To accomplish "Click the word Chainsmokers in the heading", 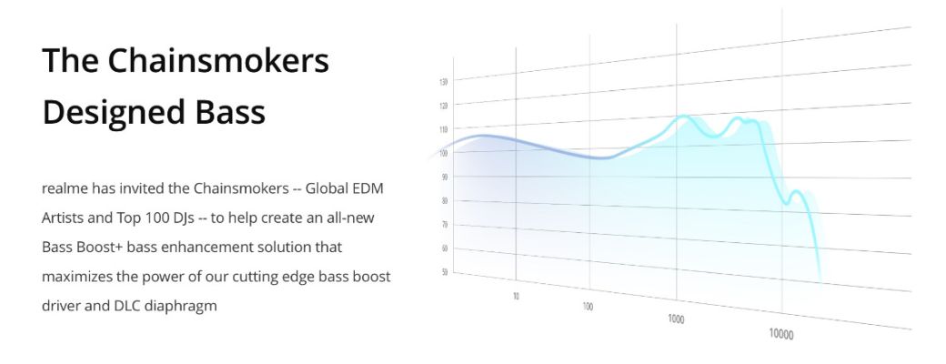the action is click(x=218, y=60).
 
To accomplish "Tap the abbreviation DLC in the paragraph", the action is click(x=126, y=306).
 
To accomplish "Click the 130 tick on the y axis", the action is click(x=444, y=82).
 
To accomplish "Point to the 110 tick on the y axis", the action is click(x=444, y=129).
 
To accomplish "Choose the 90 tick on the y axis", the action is click(x=445, y=177).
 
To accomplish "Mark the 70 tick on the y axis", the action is click(x=445, y=225).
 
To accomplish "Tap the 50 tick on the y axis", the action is click(x=445, y=272).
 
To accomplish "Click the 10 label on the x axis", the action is click(x=516, y=296).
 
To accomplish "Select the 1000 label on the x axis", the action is click(x=677, y=318).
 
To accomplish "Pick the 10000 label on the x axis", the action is click(x=780, y=333).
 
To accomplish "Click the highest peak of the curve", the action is click(x=683, y=116).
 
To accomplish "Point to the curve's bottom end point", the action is click(x=820, y=280).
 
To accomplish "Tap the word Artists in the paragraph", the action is click(x=63, y=217).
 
